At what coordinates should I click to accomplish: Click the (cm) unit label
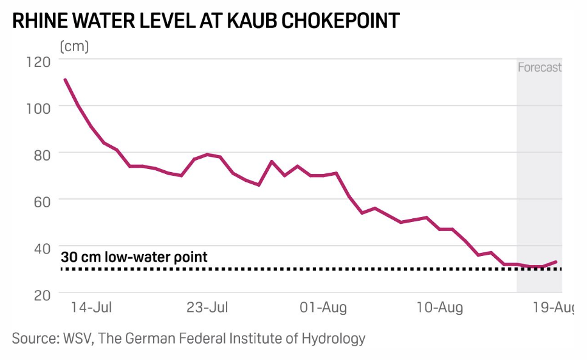(74, 46)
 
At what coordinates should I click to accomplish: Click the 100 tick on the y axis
(38, 106)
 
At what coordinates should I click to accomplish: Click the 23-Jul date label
(208, 308)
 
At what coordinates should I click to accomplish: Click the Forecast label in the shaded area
(539, 67)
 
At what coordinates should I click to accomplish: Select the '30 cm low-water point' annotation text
(134, 257)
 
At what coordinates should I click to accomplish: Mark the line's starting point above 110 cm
(65, 80)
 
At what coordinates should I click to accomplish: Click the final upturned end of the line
(556, 261)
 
